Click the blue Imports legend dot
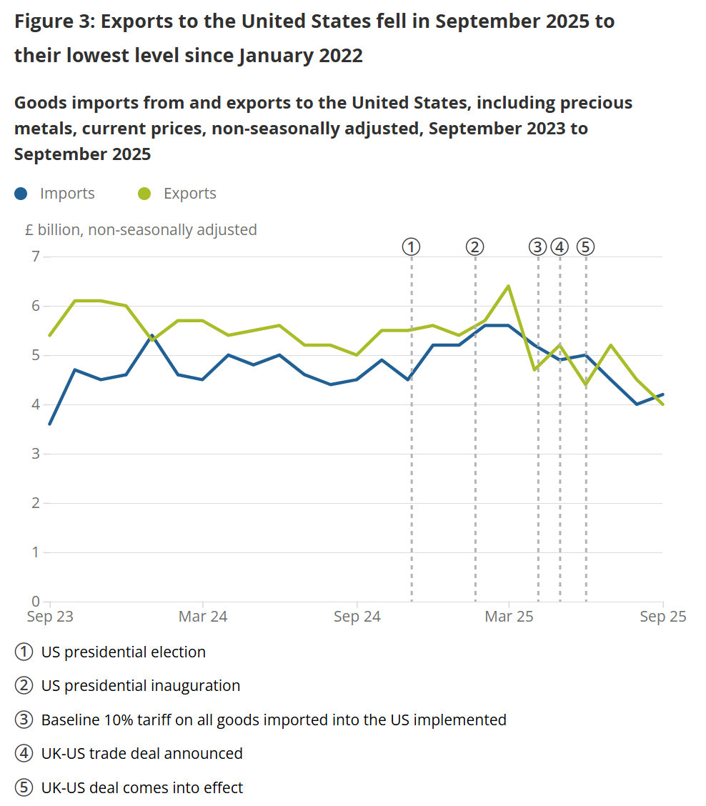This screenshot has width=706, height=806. pyautogui.click(x=21, y=194)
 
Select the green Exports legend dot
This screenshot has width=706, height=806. pyautogui.click(x=144, y=194)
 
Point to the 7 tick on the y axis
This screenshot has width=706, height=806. pyautogui.click(x=34, y=257)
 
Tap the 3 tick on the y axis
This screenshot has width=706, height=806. pyautogui.click(x=34, y=454)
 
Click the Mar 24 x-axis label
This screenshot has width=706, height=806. pyautogui.click(x=203, y=617)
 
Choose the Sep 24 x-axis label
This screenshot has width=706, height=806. pyautogui.click(x=357, y=617)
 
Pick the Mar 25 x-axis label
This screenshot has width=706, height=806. pyautogui.click(x=509, y=617)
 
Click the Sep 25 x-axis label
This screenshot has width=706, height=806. pyautogui.click(x=662, y=617)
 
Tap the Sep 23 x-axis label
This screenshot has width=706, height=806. pyautogui.click(x=50, y=617)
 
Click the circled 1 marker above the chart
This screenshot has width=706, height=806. pyautogui.click(x=411, y=247)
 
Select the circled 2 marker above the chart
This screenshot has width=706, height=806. pyautogui.click(x=475, y=247)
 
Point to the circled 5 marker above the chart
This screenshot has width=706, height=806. pyautogui.click(x=586, y=247)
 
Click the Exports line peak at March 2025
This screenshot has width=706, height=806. pyautogui.click(x=509, y=286)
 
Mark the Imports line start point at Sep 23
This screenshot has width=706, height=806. pyautogui.click(x=50, y=424)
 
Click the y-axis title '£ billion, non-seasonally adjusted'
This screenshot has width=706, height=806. pyautogui.click(x=140, y=230)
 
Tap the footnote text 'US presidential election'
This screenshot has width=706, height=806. pyautogui.click(x=124, y=652)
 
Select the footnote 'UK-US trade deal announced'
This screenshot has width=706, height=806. pyautogui.click(x=142, y=753)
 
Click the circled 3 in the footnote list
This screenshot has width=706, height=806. pyautogui.click(x=24, y=720)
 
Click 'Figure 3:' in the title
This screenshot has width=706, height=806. pyautogui.click(x=54, y=21)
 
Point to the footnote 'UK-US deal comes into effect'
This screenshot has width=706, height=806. pyautogui.click(x=142, y=787)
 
